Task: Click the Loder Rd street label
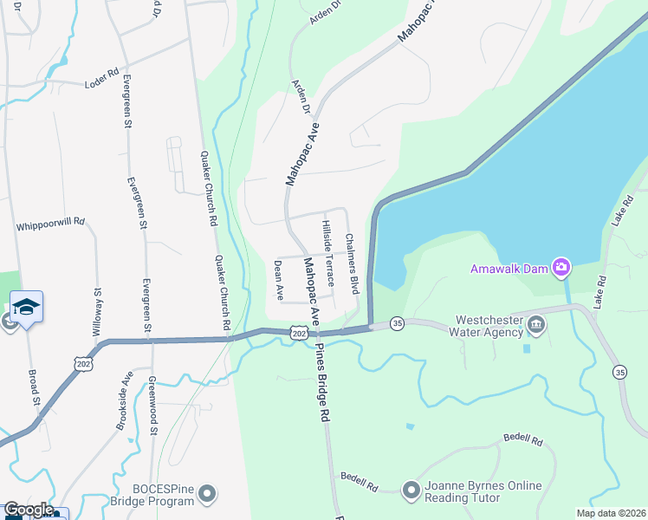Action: pos(100,84)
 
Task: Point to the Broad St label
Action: pos(36,386)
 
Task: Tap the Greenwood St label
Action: pos(152,405)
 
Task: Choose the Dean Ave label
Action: pos(279,280)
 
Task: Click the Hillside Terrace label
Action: pos(327,249)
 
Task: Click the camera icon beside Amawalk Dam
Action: pos(561,266)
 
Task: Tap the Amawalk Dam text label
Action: pos(509,268)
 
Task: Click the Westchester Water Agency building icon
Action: pos(536,324)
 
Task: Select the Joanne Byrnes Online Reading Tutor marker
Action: pos(411,491)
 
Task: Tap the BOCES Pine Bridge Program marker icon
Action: pos(206,495)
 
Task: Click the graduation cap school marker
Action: pos(26,307)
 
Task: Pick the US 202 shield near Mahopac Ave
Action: pos(298,334)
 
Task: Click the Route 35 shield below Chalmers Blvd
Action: pos(398,322)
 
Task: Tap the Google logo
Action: pos(28,510)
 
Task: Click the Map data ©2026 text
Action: pos(610,513)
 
